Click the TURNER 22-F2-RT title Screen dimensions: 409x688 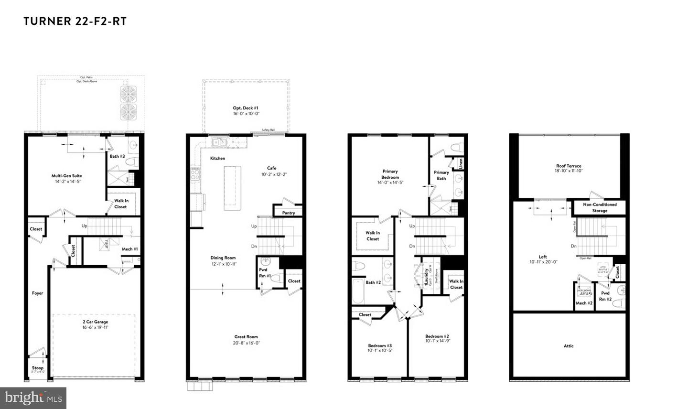click(75, 22)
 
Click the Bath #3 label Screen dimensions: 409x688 click(117, 156)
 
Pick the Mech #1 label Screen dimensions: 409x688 click(129, 249)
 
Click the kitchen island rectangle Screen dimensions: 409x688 click(232, 188)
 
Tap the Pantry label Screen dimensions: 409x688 click(289, 213)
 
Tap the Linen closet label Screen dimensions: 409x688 click(461, 163)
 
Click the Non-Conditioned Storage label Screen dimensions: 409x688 click(600, 207)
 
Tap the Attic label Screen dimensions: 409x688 click(569, 346)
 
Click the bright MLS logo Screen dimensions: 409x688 click(33, 398)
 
